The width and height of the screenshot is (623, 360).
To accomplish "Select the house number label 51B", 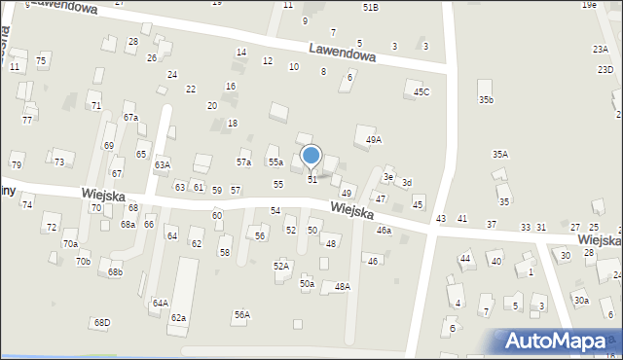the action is click(370, 7).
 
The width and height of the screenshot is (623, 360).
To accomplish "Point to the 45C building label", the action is click(421, 91).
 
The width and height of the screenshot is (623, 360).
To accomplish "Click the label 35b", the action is click(486, 100).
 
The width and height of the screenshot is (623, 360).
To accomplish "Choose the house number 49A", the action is click(374, 140).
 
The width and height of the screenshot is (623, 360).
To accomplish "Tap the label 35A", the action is click(499, 154).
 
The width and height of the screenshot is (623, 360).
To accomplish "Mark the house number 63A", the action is click(162, 164).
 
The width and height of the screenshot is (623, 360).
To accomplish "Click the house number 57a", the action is click(243, 162).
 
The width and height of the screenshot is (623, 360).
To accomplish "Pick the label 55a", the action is click(275, 162).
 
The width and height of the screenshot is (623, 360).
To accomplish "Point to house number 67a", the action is click(130, 117).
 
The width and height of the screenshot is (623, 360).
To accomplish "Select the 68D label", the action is click(102, 322).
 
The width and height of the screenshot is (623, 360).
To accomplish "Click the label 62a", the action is click(178, 318).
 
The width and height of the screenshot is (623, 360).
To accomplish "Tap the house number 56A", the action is click(241, 314).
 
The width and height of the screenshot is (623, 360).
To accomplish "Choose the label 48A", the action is click(342, 286).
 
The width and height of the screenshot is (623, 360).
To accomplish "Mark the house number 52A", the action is click(280, 266).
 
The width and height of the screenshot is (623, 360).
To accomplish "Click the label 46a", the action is click(384, 231).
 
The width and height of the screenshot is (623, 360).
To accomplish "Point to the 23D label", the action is click(605, 69).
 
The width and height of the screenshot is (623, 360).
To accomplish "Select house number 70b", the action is click(83, 261).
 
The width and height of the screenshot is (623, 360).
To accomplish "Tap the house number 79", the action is click(17, 164).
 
